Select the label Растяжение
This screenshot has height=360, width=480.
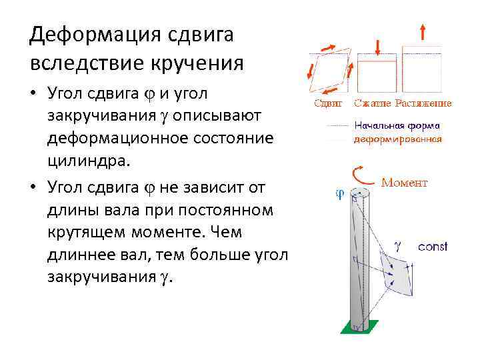423,103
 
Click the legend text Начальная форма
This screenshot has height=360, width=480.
397,125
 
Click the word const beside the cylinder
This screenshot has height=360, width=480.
433,247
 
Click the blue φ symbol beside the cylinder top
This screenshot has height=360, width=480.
338,195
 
